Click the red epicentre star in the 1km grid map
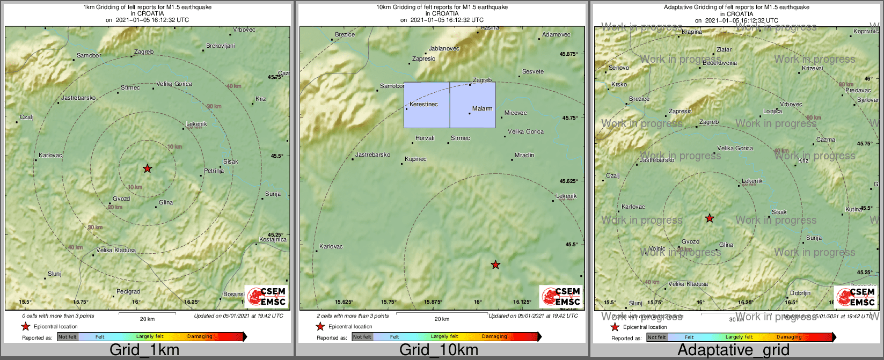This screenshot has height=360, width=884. point(148,168)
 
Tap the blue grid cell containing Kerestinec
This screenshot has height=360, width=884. point(427,105)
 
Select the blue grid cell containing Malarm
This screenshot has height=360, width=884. point(473,105)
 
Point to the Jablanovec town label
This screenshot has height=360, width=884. point(444,48)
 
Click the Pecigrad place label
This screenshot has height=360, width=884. point(128,292)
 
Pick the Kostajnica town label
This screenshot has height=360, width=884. point(273,239)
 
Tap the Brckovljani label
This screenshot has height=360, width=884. point(221,46)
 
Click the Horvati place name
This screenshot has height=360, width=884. point(425,138)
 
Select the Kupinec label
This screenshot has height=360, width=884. point(415,159)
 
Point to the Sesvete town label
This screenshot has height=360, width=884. point(533,71)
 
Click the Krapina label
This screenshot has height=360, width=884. point(692,32)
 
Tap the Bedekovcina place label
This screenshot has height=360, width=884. point(720,63)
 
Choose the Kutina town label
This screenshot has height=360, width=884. point(853,209)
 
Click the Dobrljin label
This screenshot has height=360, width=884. point(800,293)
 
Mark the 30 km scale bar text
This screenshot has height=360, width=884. point(736,319)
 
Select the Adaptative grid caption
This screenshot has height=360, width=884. point(733,350)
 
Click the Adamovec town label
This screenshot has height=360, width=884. point(556,34)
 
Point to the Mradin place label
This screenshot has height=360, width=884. point(524,155)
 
